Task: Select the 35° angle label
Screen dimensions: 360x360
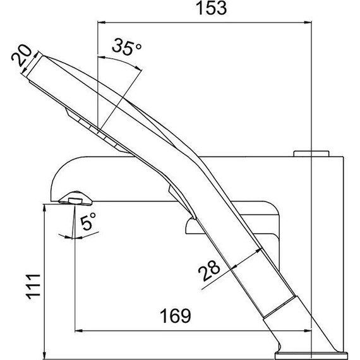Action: coord(127,47)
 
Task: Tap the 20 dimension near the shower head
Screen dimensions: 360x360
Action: coord(23,57)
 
